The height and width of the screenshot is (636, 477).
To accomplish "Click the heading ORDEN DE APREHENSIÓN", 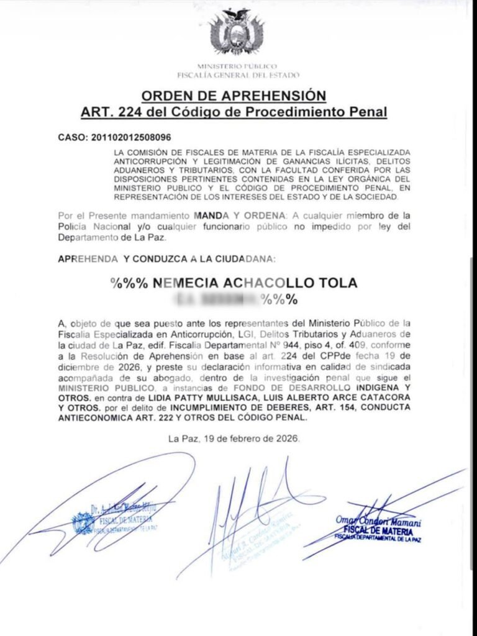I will tap(234, 96).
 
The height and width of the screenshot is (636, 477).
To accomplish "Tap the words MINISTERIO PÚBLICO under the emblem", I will tap(237, 66).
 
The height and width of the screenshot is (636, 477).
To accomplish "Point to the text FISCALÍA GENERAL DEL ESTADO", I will tap(238, 75).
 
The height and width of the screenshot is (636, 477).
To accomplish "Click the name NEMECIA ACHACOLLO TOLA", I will tap(255, 283).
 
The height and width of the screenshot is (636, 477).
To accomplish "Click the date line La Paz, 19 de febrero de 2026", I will tap(234, 438).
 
